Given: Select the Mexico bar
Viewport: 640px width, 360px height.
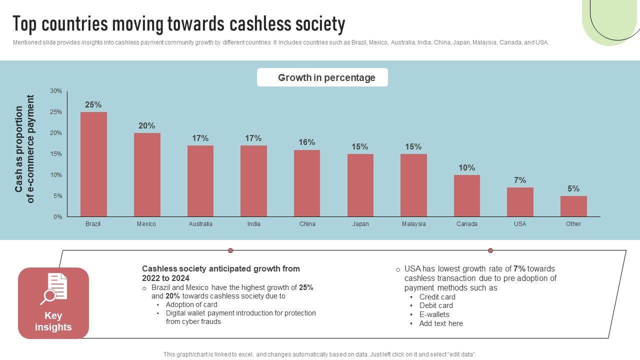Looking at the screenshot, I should [147, 174].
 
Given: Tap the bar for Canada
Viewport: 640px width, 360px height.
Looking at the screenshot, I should [467, 195].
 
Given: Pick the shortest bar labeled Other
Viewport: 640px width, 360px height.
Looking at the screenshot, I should [573, 206].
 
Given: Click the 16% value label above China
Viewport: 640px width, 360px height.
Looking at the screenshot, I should [306, 142].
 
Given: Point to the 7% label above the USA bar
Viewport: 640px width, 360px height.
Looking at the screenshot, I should [520, 180].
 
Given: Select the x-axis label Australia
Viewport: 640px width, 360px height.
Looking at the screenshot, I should [200, 224].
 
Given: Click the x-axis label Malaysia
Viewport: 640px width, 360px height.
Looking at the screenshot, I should [413, 224].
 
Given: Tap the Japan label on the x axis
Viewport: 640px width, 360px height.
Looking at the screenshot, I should [360, 224].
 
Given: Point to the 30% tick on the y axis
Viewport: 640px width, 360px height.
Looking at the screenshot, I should [56, 91].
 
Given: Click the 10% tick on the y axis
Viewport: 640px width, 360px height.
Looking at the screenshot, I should [56, 175].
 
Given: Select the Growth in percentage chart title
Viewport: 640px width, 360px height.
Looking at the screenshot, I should [326, 77].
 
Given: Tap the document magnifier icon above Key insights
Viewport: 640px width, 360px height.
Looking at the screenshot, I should [53, 288].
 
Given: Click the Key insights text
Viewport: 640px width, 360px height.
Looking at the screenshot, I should [53, 321].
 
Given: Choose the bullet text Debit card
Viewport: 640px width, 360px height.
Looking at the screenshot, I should [436, 305].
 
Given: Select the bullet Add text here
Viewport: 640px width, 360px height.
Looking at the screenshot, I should [441, 323].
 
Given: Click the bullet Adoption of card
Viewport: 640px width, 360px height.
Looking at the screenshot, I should [191, 304].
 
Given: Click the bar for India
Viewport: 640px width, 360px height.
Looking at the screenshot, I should [253, 181].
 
